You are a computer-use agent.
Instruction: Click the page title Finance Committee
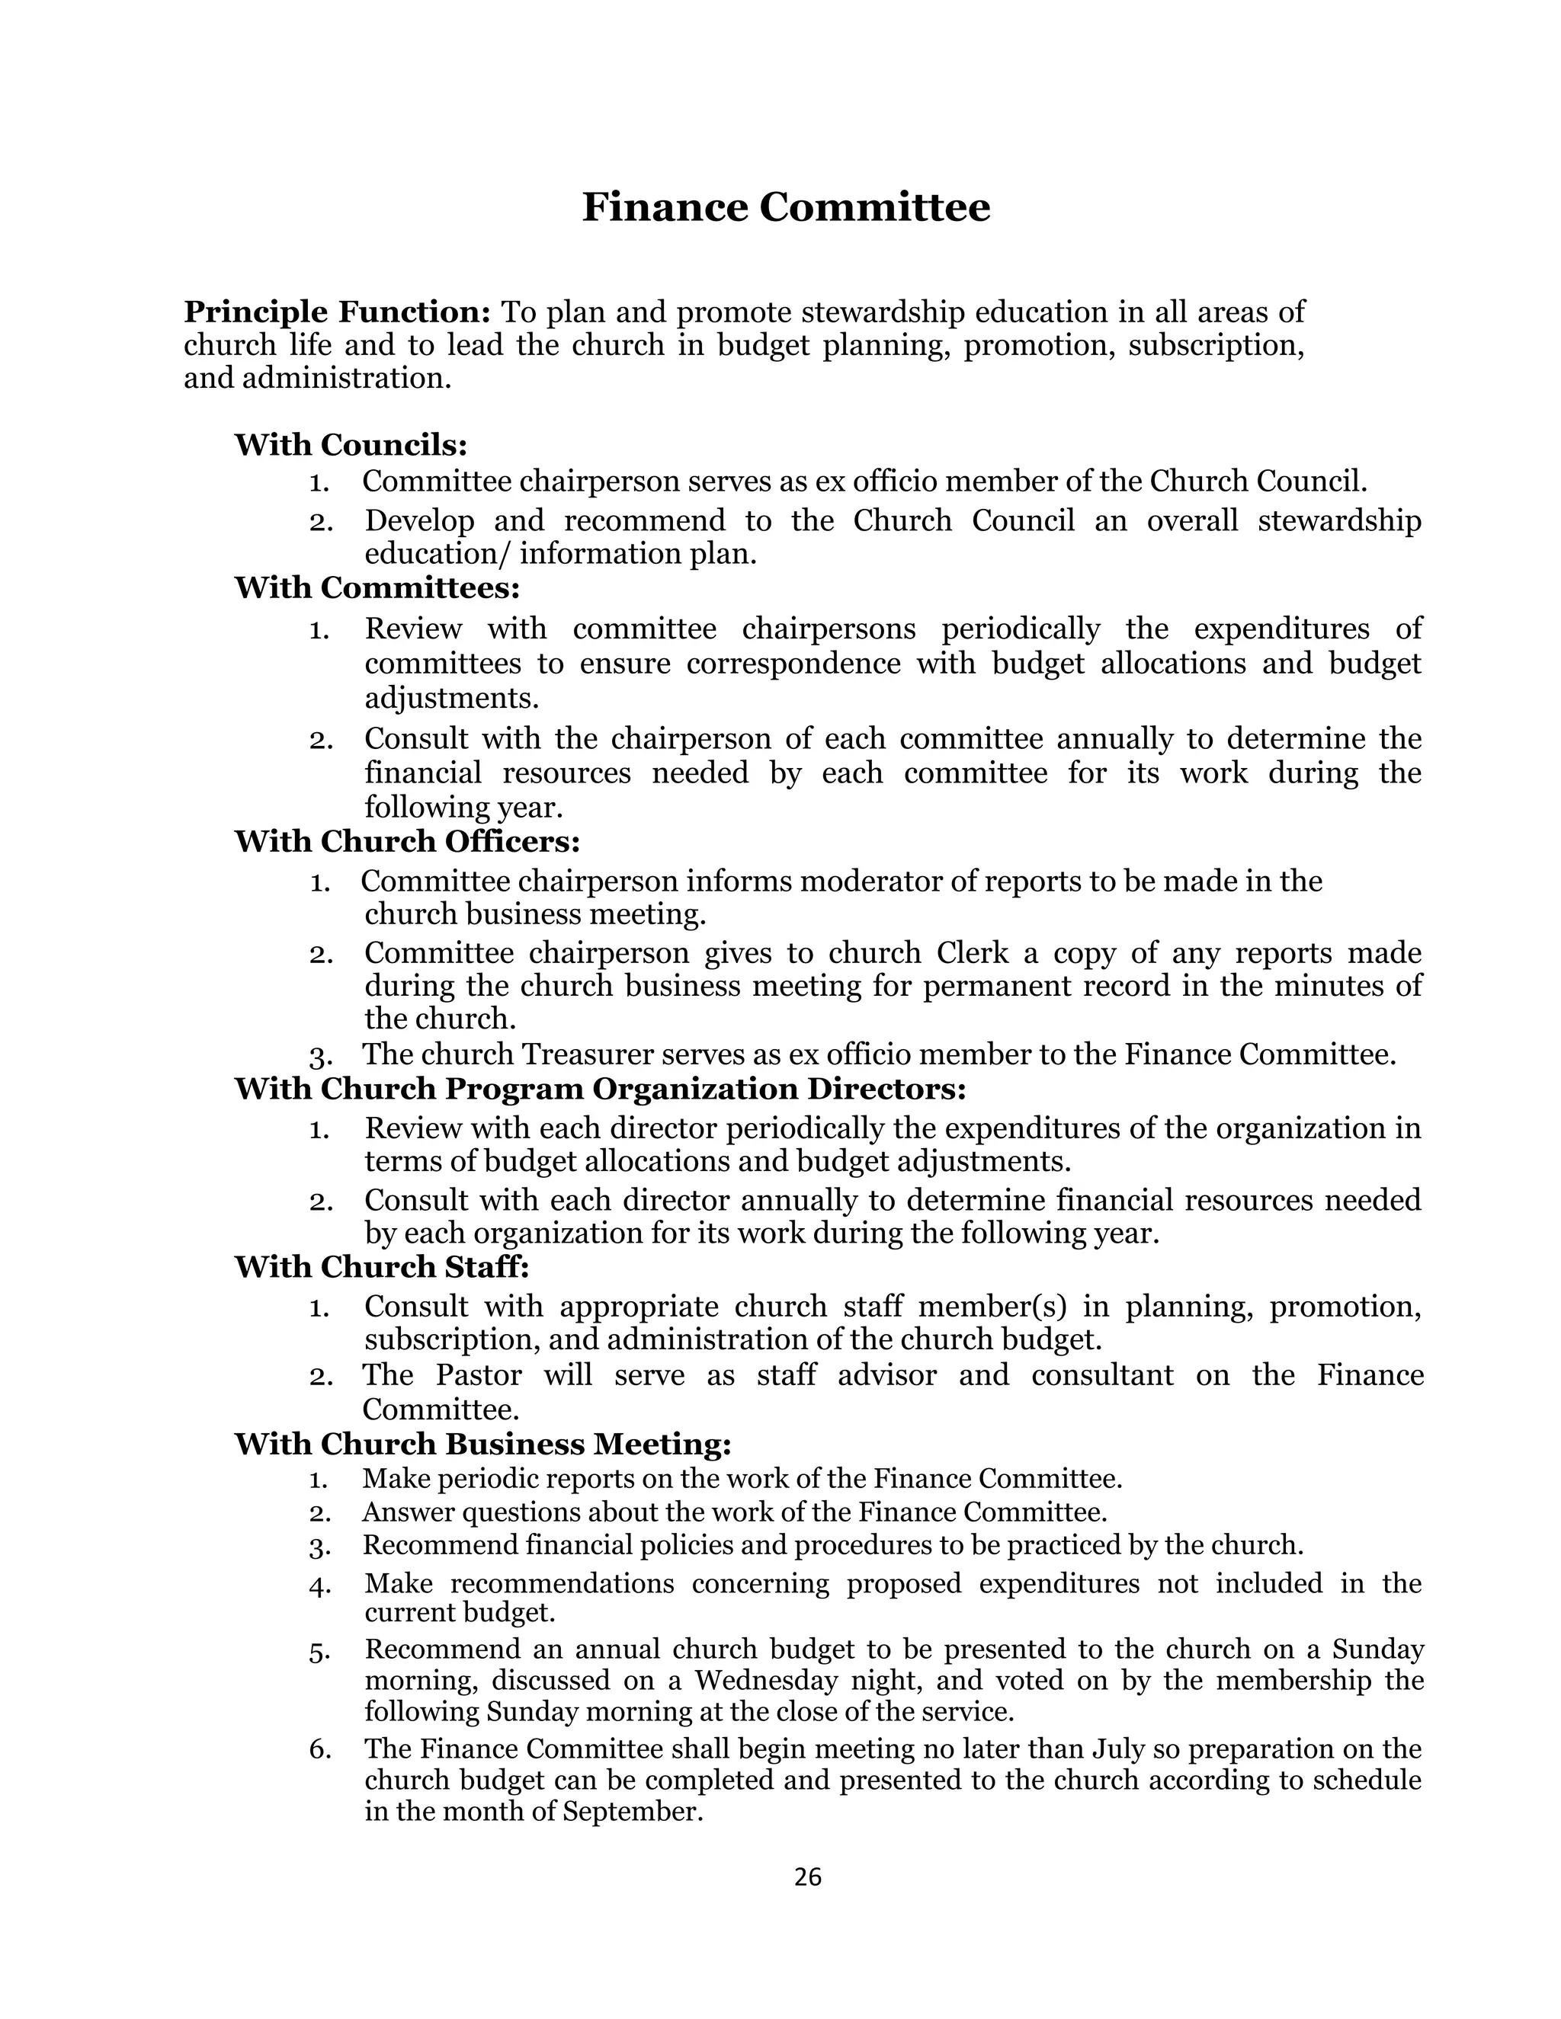tap(785, 207)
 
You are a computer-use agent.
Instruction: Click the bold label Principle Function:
tap(337, 312)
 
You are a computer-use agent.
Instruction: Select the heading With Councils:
tap(351, 445)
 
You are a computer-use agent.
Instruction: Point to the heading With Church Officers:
tap(407, 841)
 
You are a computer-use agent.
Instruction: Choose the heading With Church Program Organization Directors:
tap(599, 1089)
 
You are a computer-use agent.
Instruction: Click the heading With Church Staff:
tap(381, 1266)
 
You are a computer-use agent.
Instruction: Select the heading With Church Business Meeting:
tap(482, 1444)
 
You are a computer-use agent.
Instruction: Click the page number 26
tap(807, 1877)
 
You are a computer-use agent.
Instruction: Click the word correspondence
tap(793, 664)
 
